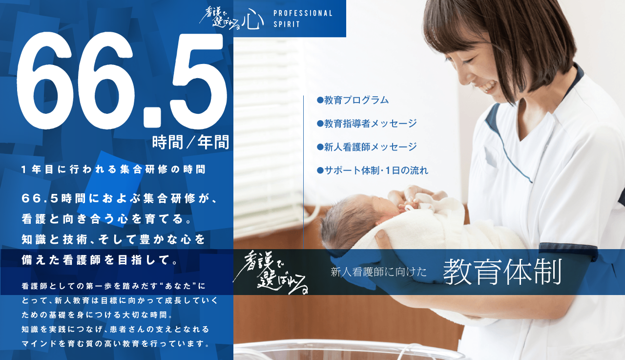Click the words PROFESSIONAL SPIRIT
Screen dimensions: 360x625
[303, 19]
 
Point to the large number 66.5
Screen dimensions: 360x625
[122, 81]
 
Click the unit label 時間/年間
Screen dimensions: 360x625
[190, 142]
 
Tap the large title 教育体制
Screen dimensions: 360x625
[502, 272]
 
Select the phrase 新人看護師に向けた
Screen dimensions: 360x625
[378, 273]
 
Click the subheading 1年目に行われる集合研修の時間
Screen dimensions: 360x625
[114, 170]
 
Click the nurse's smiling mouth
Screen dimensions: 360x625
[488, 87]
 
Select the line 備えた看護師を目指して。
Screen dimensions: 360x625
[100, 260]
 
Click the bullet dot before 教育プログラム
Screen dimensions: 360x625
[320, 100]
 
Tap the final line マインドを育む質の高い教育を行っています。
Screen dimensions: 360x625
[116, 343]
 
